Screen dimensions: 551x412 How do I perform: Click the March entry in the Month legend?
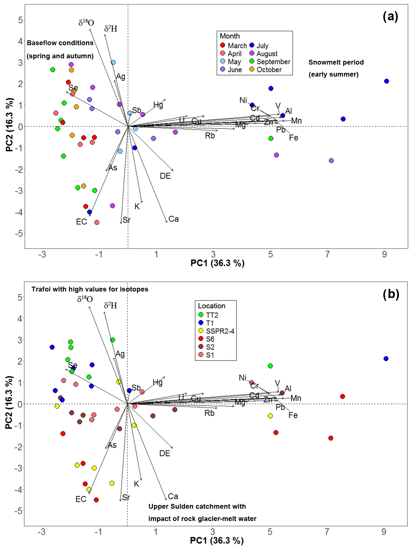pos(234,45)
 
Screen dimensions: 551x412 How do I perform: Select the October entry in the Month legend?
pos(266,69)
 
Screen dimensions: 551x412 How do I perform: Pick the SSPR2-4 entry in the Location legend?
pos(217,331)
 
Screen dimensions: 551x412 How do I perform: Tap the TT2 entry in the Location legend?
pos(209,315)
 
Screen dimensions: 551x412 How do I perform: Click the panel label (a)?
pos(390,17)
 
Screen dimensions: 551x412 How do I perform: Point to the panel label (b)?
pos(391,294)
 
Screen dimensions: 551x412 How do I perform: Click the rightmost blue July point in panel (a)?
pos(386,81)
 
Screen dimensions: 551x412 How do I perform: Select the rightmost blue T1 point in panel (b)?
pos(386,359)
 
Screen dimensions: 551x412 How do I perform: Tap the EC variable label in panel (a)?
pos(82,222)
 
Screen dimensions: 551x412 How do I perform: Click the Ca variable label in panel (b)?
pos(173,496)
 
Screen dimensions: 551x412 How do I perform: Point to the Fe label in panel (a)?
pos(294,138)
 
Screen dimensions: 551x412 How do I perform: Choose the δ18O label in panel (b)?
pos(85,299)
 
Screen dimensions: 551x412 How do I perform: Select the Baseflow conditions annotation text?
pos(60,43)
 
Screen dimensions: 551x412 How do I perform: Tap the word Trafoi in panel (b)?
pos(41,289)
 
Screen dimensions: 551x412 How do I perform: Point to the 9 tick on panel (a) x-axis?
pos(384,254)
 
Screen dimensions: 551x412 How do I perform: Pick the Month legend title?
pos(230,36)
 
